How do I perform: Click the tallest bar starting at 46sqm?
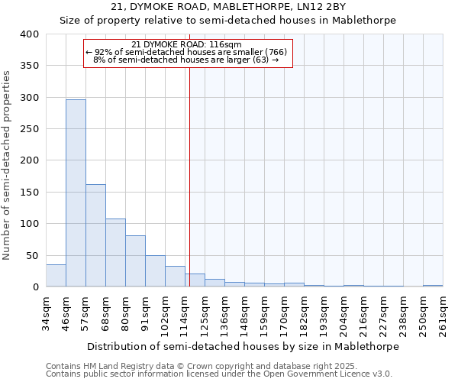point(76,193)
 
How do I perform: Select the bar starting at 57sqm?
point(95,235)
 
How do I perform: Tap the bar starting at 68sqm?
point(115,253)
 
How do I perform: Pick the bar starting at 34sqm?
point(56,276)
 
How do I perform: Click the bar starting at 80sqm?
point(135,261)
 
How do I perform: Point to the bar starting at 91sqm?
point(155,271)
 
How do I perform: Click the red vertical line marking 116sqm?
point(189,176)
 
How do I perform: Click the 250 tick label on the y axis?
point(29,129)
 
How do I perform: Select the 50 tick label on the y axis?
point(32,256)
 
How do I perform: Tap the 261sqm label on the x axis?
point(443,314)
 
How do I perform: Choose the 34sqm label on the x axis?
point(46,314)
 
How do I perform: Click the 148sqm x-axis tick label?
point(244,314)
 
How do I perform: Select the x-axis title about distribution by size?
point(243,346)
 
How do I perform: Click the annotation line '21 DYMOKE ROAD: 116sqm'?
point(186,44)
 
